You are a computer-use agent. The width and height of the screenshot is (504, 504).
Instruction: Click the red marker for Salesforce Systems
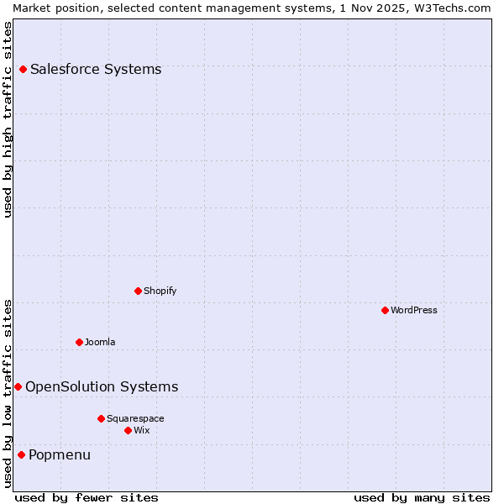pyautogui.click(x=23, y=69)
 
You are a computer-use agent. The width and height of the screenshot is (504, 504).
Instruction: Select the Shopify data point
pyautogui.click(x=138, y=291)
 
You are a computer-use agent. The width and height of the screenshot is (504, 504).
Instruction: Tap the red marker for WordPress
pyautogui.click(x=385, y=310)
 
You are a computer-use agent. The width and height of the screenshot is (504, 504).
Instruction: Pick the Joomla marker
pyautogui.click(x=79, y=342)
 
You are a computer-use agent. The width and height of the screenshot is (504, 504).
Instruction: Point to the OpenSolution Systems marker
pyautogui.click(x=18, y=386)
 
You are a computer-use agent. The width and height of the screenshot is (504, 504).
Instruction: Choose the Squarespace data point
pyautogui.click(x=101, y=418)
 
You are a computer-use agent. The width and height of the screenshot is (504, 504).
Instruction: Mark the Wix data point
pyautogui.click(x=128, y=430)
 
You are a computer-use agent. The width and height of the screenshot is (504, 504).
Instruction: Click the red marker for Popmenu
pyautogui.click(x=21, y=454)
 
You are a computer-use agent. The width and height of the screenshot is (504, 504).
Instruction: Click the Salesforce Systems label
pyautogui.click(x=96, y=69)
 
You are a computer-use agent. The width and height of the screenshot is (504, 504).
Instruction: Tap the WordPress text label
pyautogui.click(x=414, y=310)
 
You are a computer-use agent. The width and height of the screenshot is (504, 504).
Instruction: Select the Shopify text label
pyautogui.click(x=160, y=291)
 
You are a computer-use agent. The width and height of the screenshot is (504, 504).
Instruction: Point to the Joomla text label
pyautogui.click(x=100, y=342)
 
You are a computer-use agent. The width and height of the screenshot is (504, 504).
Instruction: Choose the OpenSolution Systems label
pyautogui.click(x=102, y=386)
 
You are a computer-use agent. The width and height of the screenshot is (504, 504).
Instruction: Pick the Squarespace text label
pyautogui.click(x=135, y=418)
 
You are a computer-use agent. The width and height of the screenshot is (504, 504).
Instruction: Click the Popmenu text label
pyautogui.click(x=60, y=454)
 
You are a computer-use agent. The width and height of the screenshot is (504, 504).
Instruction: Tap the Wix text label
pyautogui.click(x=142, y=430)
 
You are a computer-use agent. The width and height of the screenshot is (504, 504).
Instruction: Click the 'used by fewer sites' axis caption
pyautogui.click(x=87, y=497)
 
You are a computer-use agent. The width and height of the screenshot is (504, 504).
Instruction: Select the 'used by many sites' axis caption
pyautogui.click(x=422, y=497)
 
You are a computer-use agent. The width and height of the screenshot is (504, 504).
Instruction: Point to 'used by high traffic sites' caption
pyautogui.click(x=8, y=119)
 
